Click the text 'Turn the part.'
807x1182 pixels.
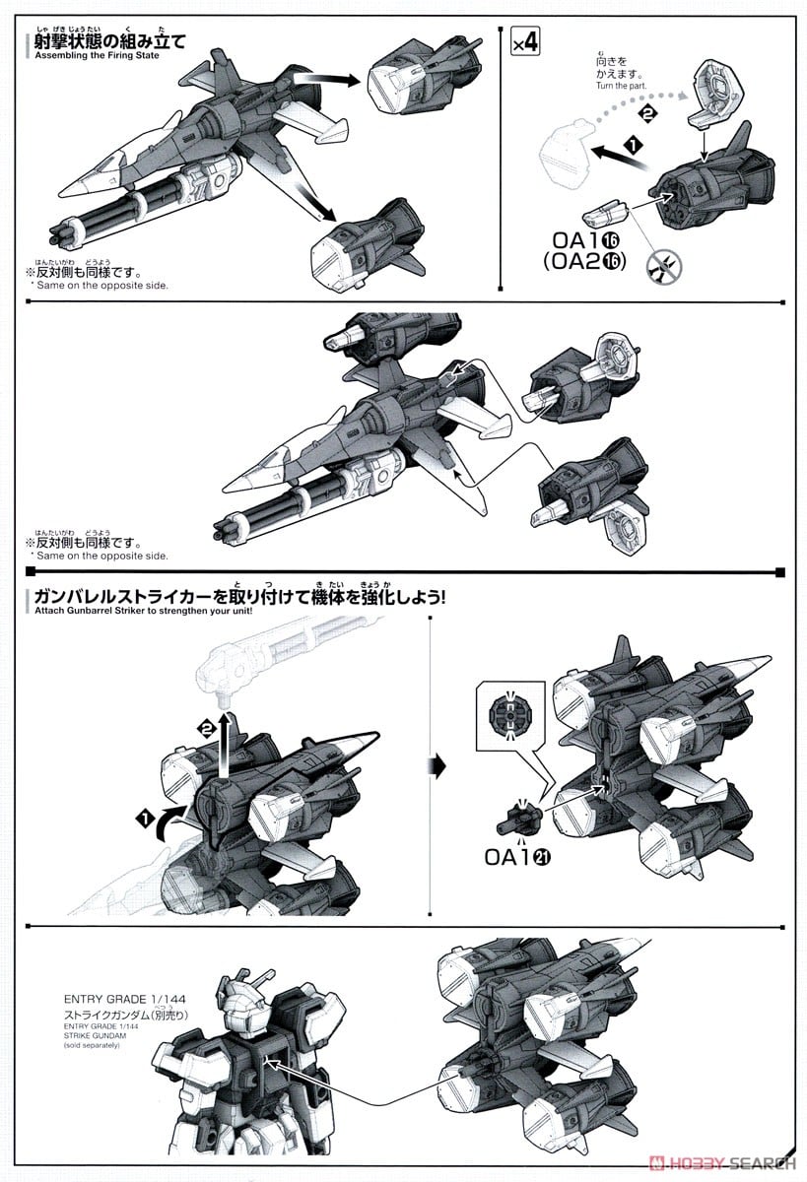[619, 86]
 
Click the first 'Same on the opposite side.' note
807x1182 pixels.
[99, 285]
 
